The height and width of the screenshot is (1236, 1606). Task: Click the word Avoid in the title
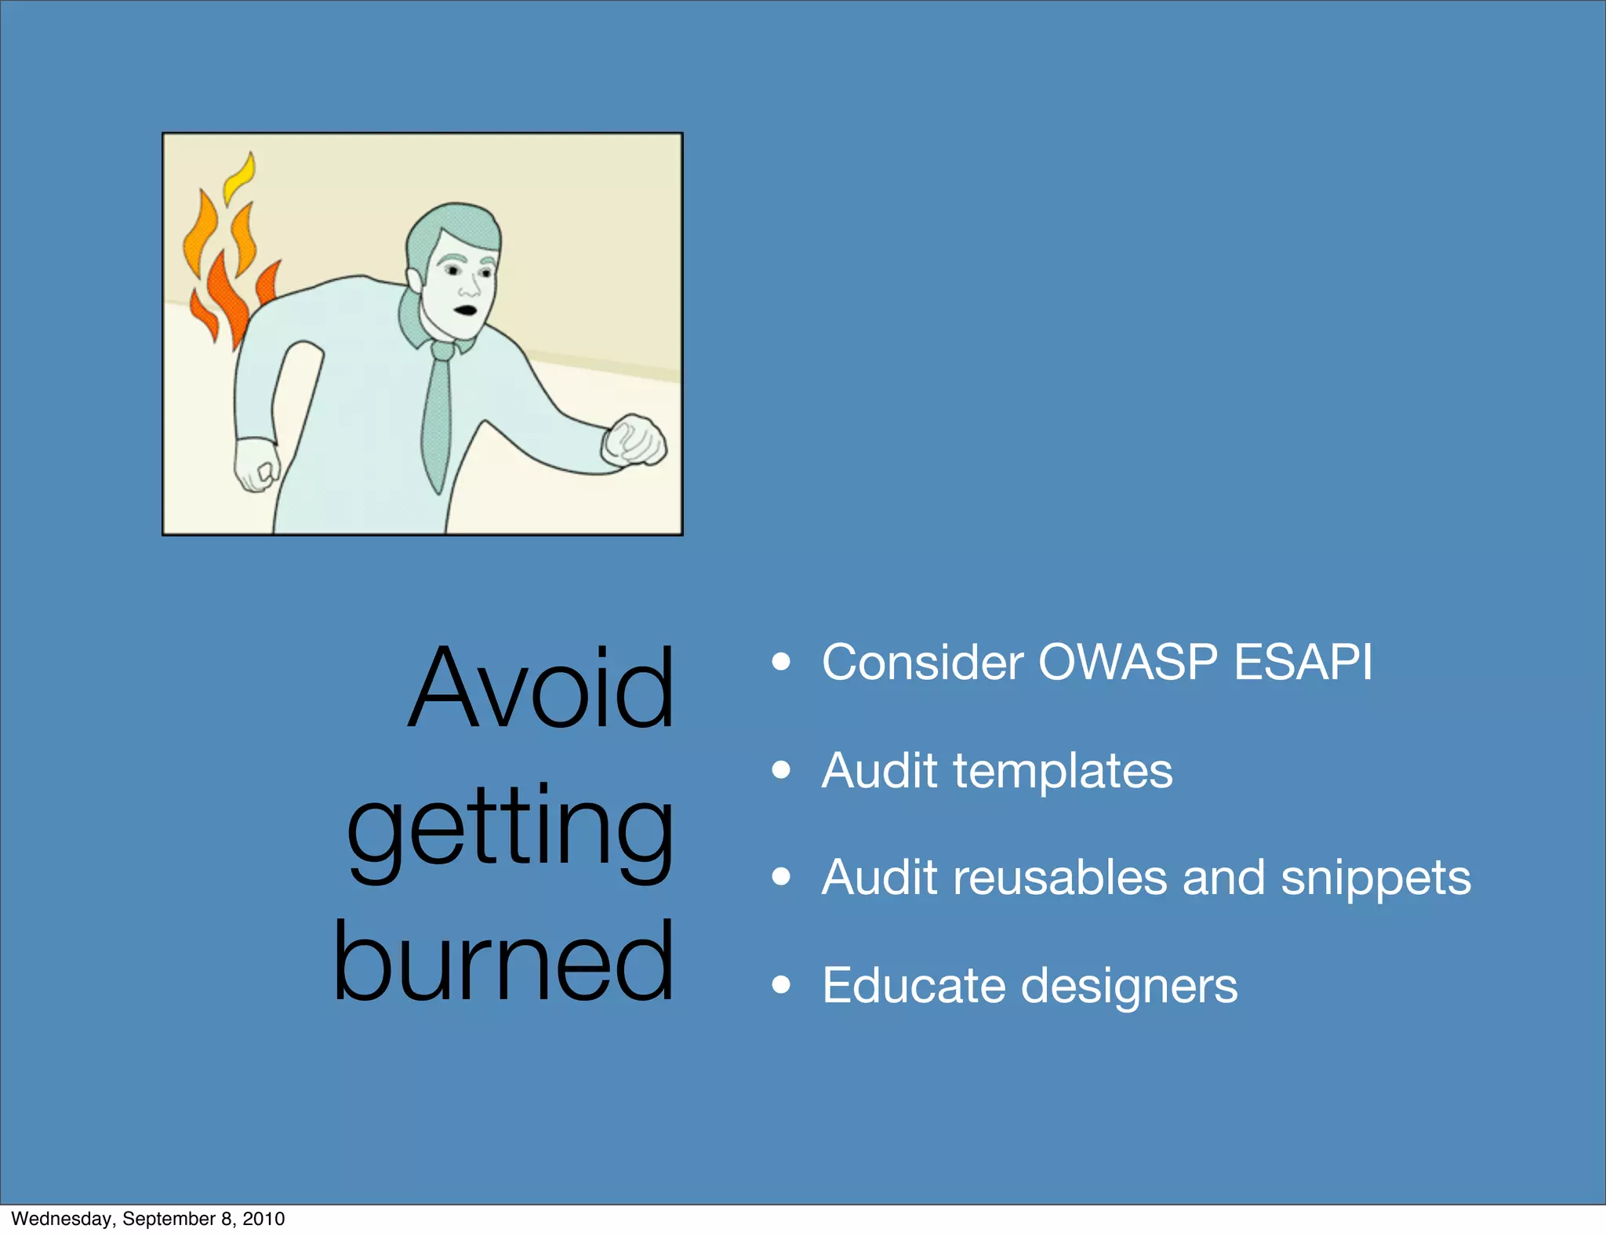point(541,688)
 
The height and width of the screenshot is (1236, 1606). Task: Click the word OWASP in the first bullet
point(1127,662)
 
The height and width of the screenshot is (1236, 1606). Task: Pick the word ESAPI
point(1303,662)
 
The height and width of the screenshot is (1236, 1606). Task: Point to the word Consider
point(922,662)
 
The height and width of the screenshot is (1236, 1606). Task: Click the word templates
point(1063,772)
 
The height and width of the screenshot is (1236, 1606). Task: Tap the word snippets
point(1375,879)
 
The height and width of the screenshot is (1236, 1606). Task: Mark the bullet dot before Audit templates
point(780,770)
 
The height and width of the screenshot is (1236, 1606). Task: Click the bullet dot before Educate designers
point(780,984)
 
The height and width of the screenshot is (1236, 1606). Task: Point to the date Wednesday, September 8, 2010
point(148,1218)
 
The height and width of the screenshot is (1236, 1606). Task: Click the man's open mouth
point(467,309)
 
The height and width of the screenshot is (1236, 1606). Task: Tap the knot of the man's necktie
point(442,351)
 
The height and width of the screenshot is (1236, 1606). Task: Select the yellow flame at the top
point(239,177)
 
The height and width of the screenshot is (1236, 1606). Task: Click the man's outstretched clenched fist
point(634,441)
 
